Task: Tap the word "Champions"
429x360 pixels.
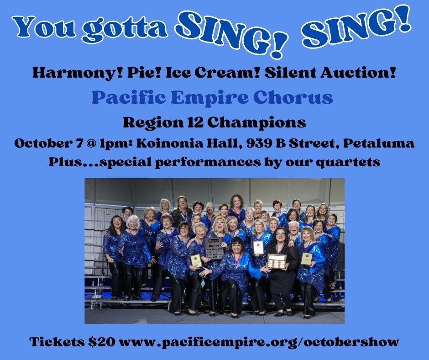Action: pos(256,123)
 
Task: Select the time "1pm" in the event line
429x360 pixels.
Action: pos(116,143)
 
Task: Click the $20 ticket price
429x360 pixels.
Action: pos(102,342)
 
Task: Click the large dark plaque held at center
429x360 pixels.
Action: pos(214,248)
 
